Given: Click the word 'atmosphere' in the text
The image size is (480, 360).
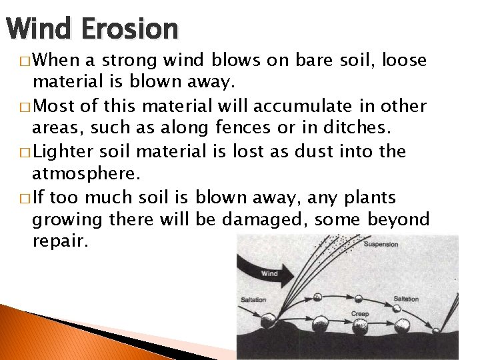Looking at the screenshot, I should point(84,174).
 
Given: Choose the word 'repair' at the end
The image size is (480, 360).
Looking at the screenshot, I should point(59,242).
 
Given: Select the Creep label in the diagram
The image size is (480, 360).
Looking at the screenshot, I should point(359,313).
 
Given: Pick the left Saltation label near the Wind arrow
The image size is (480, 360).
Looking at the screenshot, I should point(253,299).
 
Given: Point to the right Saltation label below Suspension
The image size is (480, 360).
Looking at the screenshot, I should point(405,299).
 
